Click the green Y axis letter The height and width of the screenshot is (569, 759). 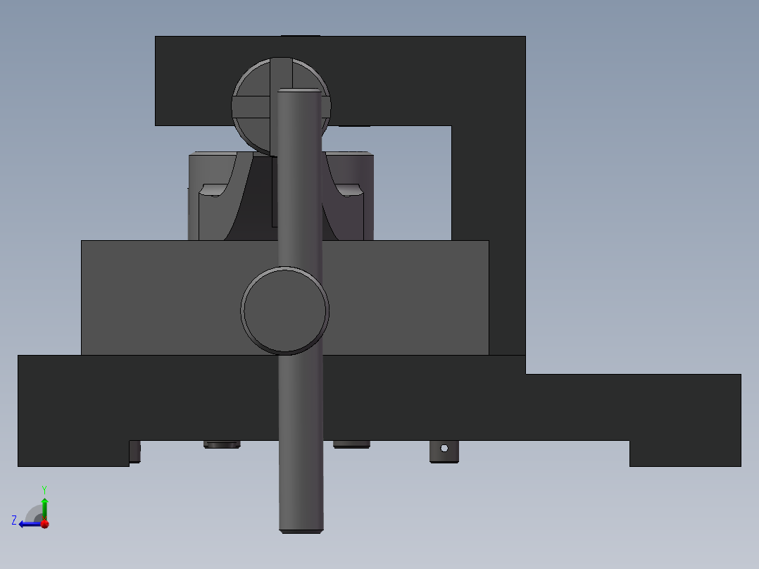(44, 489)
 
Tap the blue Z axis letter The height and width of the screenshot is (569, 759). (14, 520)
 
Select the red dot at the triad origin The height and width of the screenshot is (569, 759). (44, 524)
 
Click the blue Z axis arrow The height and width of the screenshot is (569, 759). (28, 524)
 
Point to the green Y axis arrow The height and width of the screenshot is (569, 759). (44, 506)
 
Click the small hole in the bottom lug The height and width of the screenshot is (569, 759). (444, 448)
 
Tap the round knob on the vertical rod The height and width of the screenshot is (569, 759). (285, 310)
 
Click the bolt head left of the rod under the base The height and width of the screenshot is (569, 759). (222, 444)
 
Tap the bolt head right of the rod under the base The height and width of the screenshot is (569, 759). (351, 444)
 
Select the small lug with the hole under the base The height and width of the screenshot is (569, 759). (444, 451)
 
